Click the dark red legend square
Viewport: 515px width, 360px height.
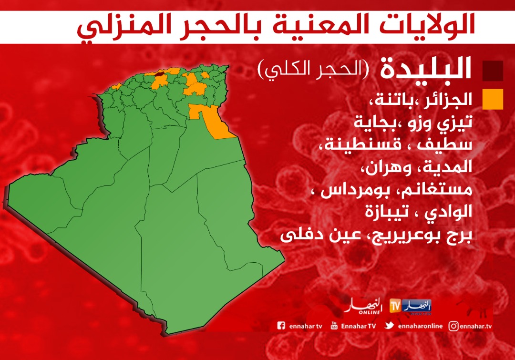493,71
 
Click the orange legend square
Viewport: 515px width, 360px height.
493,99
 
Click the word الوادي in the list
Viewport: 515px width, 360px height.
448,212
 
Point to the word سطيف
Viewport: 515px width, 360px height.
445,144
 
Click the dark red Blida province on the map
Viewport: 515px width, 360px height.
160,74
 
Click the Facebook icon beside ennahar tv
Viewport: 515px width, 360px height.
281,326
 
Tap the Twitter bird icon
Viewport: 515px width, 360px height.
390,326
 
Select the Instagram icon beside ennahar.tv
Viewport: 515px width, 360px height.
453,326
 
